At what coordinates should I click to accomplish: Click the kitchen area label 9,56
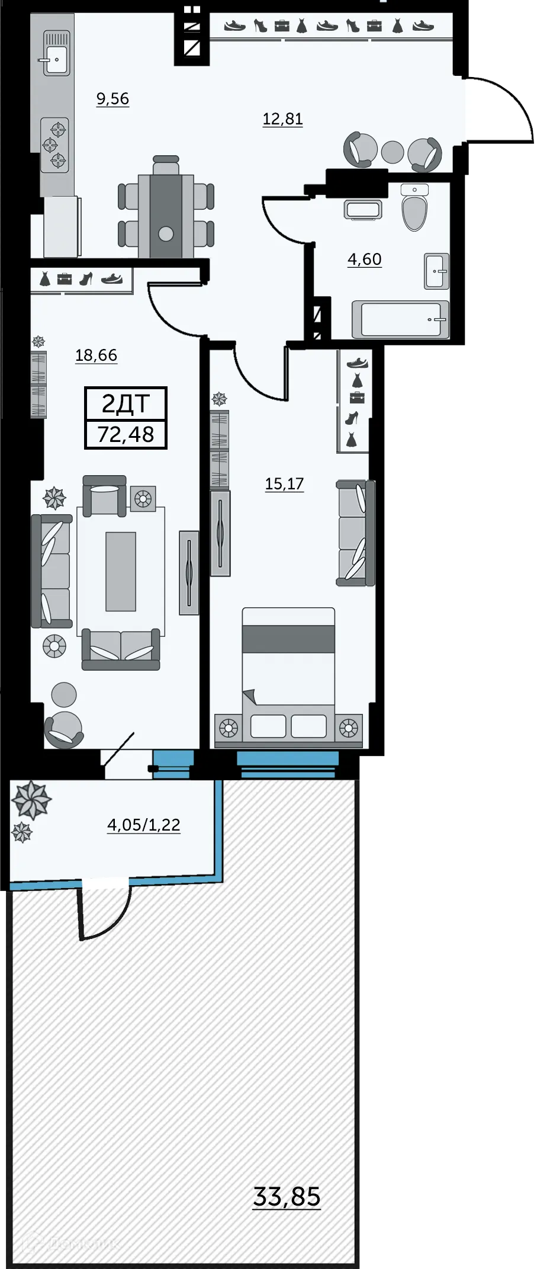112,98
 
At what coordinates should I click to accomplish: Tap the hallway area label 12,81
282,119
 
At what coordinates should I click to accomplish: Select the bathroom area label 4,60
364,259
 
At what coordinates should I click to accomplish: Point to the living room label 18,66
96,355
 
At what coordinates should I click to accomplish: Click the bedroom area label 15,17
284,484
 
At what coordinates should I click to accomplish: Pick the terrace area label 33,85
287,1196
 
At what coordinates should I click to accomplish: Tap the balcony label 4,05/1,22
143,825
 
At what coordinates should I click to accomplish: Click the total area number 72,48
126,435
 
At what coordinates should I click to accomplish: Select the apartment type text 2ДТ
126,404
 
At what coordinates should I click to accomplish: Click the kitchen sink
56,54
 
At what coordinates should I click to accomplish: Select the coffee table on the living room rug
120,571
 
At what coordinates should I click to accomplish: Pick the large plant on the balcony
31,800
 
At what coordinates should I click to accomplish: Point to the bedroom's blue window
288,759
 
